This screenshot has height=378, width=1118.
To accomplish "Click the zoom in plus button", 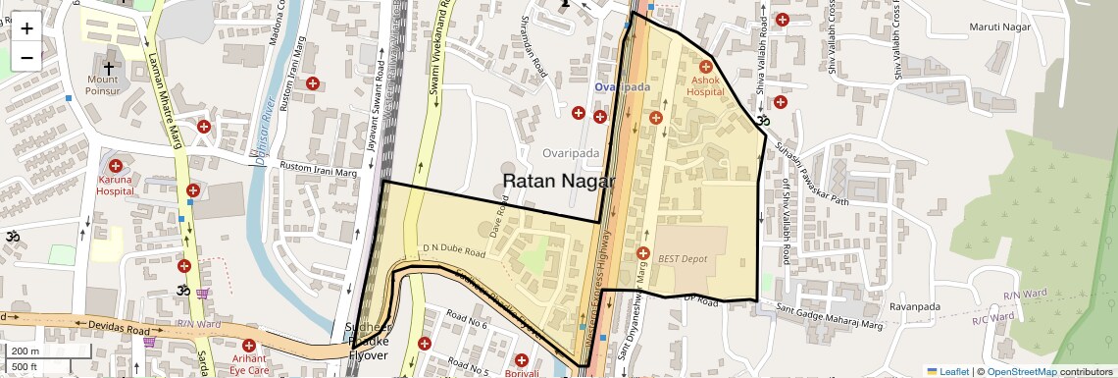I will (x=26, y=28).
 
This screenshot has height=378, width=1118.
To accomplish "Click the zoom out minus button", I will (x=26, y=57).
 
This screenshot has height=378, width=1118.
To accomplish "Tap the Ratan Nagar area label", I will (x=558, y=182).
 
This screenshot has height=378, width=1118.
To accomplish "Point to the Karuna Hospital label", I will (x=115, y=186).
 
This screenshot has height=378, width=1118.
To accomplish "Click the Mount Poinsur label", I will (x=108, y=85).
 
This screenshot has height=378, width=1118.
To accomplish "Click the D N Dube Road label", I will (x=454, y=251).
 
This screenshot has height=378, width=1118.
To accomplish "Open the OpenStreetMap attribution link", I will (x=1021, y=371).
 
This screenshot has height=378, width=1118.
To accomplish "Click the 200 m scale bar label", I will (x=25, y=351).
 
